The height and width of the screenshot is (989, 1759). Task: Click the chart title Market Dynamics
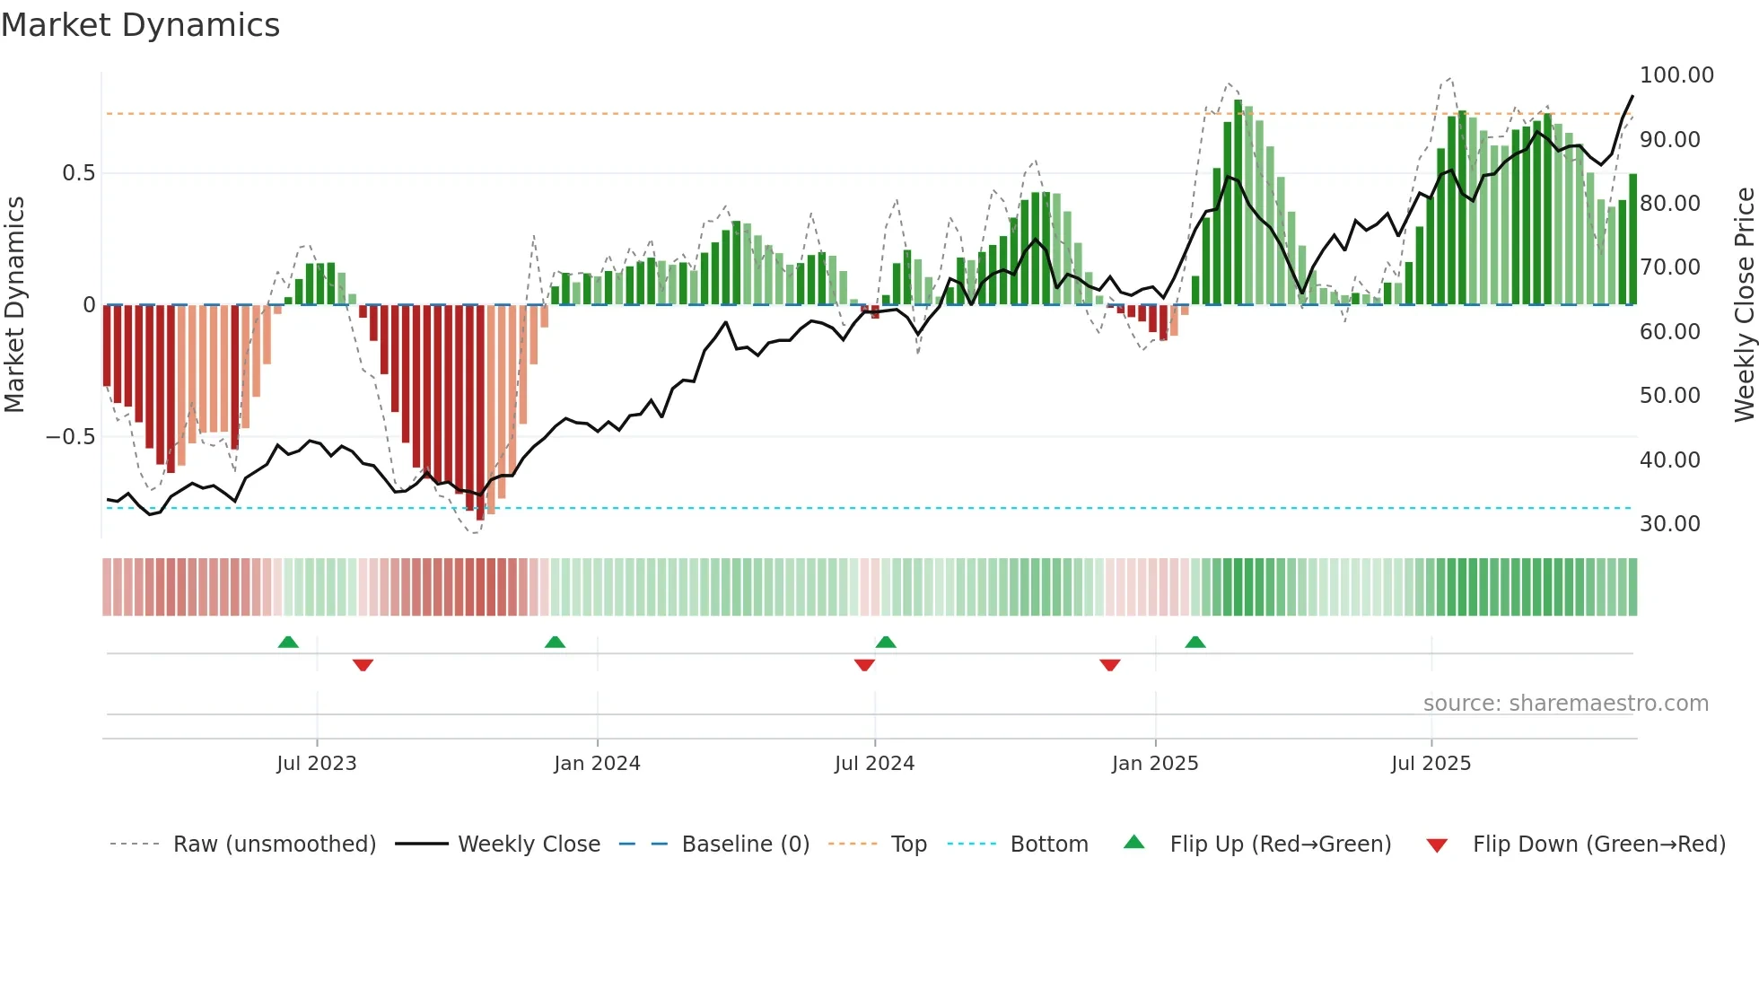click(x=140, y=25)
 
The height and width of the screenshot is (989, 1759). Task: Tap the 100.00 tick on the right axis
click(x=1676, y=75)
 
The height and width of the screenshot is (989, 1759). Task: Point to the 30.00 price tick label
click(x=1669, y=524)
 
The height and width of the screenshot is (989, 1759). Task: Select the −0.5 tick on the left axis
click(x=70, y=437)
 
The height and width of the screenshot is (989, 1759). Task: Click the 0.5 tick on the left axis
click(x=78, y=173)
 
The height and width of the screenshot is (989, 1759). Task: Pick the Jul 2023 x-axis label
click(x=316, y=764)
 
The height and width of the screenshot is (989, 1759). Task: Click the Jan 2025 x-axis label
click(x=1154, y=764)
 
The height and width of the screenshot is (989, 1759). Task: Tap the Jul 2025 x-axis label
click(x=1431, y=764)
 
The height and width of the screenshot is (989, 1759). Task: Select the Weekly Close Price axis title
click(x=1744, y=305)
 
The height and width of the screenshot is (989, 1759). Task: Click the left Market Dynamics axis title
click(x=14, y=305)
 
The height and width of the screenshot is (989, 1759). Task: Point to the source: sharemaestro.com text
click(x=1565, y=704)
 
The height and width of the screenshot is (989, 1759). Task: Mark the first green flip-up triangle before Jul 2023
click(x=288, y=643)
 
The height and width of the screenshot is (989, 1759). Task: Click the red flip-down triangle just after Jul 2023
click(x=363, y=665)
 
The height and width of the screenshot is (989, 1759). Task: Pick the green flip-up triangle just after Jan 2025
click(x=1195, y=643)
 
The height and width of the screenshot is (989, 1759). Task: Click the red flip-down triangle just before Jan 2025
click(x=1109, y=665)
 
